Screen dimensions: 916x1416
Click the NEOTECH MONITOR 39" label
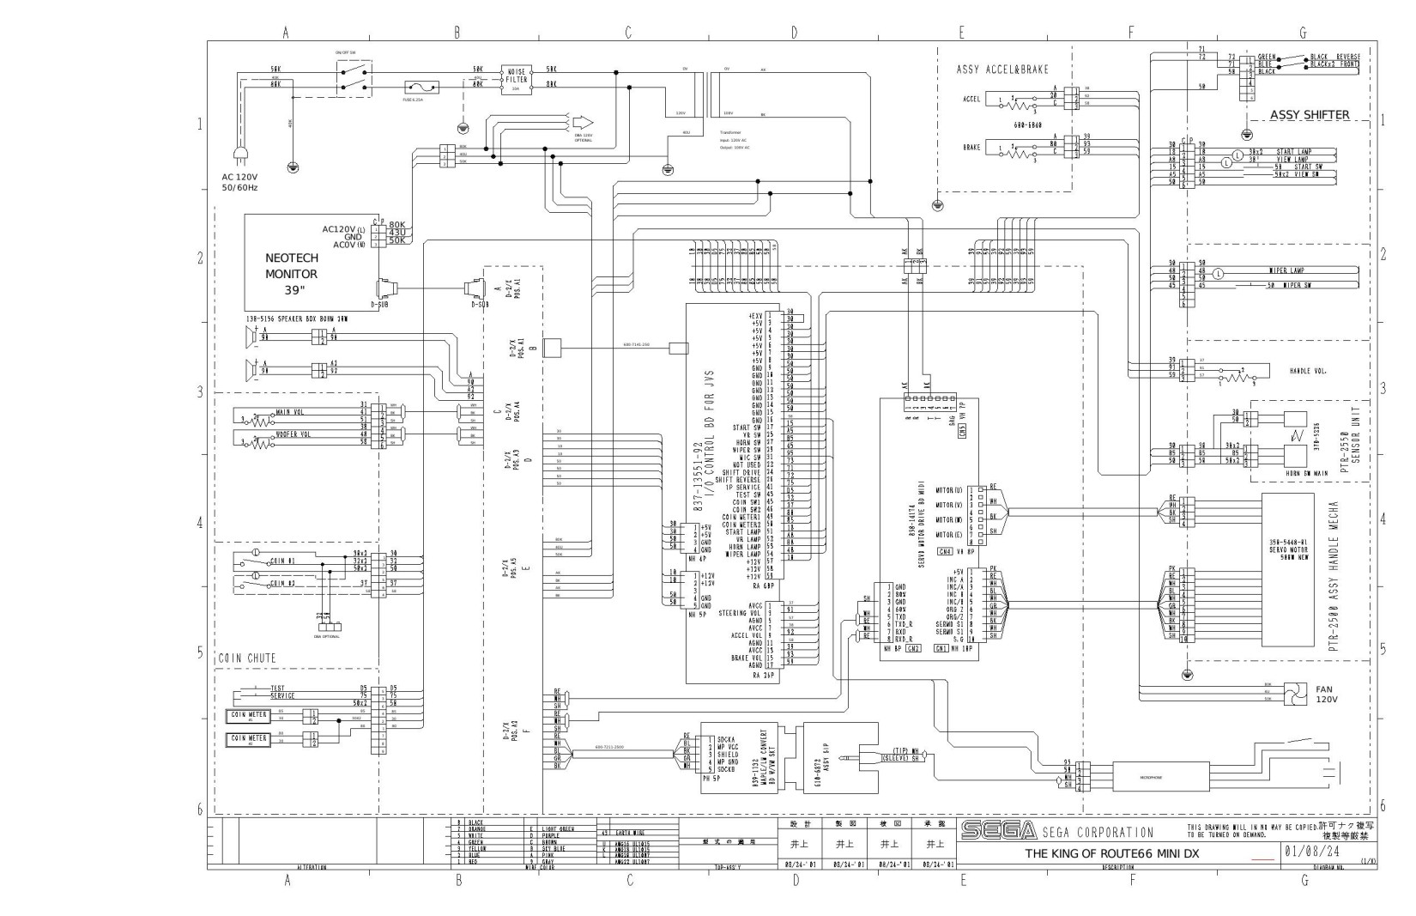pos(292,274)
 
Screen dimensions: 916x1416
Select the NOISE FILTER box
pos(517,77)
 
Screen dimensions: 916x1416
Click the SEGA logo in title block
pos(997,831)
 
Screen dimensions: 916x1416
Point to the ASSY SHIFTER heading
pos(1310,115)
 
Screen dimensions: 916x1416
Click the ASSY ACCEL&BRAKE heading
pos(1002,69)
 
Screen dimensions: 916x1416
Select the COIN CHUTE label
pos(246,658)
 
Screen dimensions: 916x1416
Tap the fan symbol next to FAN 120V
pos(1294,692)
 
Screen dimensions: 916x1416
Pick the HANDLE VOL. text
pos(1308,372)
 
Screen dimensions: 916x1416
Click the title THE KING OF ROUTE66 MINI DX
pos(1112,854)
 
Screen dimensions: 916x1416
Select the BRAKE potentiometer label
pos(971,148)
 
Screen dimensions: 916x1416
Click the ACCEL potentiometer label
pos(971,99)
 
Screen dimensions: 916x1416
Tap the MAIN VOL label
pos(289,413)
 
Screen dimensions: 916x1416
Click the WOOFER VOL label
pos(293,434)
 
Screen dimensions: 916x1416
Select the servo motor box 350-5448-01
pos(1287,569)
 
